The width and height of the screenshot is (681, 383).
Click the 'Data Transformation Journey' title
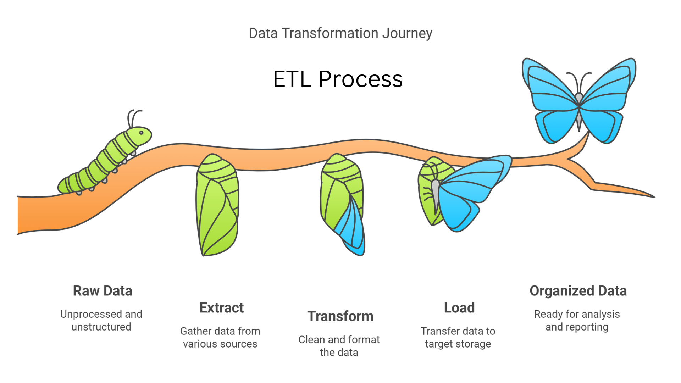[x=340, y=33]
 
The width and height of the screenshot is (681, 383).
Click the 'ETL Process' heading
[x=338, y=79]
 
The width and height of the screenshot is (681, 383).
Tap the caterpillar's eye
[x=141, y=133]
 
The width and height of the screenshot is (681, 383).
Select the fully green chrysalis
[x=217, y=206]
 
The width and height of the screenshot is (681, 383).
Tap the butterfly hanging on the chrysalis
[x=468, y=191]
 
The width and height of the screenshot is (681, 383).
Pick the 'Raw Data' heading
[x=103, y=291]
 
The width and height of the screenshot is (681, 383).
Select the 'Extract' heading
[x=222, y=308]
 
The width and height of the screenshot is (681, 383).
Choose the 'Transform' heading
[x=340, y=316]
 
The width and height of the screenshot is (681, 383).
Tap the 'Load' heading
[x=459, y=308]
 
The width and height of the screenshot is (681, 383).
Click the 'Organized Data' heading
[x=578, y=291]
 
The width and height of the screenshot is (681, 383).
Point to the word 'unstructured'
[x=101, y=327]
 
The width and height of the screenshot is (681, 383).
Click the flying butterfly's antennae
[x=579, y=80]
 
